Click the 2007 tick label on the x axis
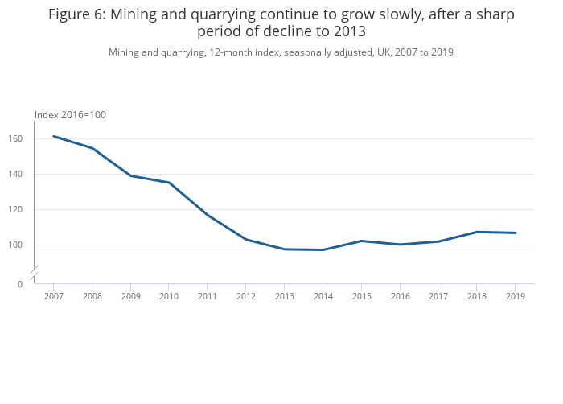54,296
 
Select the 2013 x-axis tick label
285,296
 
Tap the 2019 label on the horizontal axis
516,296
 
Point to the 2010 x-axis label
169,296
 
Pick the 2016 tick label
400,296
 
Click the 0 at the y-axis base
20,284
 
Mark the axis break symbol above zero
34,273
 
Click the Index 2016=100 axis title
70,115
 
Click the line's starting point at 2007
54,136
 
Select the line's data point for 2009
130,175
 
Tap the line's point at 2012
246,240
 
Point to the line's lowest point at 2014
323,249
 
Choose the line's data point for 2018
477,232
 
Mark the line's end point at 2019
516,233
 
